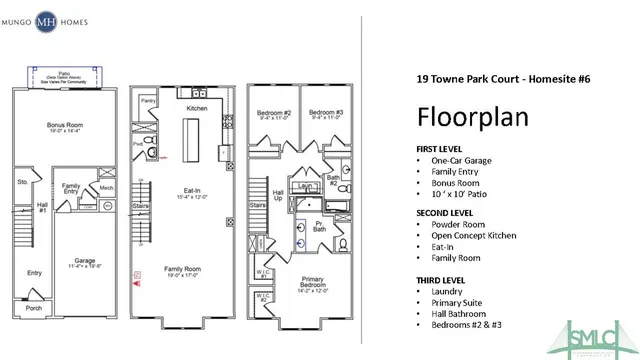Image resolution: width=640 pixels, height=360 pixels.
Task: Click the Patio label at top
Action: click(62, 72)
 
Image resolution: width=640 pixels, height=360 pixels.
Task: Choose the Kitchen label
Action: click(196, 107)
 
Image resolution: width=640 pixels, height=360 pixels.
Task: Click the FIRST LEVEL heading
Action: click(436, 148)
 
